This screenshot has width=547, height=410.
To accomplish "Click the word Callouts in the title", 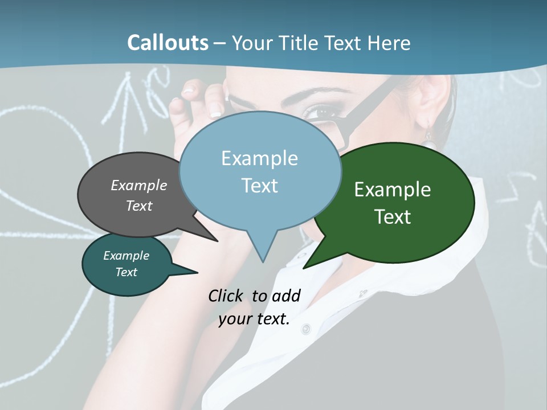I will pyautogui.click(x=168, y=43).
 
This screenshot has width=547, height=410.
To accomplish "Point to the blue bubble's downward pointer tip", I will pyautogui.click(x=262, y=261).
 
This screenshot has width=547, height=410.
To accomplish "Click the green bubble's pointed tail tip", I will pyautogui.click(x=304, y=268).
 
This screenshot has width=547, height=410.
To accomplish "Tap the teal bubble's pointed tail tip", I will pyautogui.click(x=197, y=273).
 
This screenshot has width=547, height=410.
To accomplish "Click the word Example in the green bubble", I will pyautogui.click(x=393, y=190).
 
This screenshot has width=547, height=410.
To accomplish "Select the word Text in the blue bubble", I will pyautogui.click(x=260, y=186).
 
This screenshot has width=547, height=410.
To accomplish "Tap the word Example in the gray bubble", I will pyautogui.click(x=139, y=186).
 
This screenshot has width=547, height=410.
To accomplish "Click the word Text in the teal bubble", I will pyautogui.click(x=126, y=272).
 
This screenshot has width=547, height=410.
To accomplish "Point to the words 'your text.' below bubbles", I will pyautogui.click(x=254, y=319).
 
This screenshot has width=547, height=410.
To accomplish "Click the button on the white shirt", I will pyautogui.click(x=307, y=329).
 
